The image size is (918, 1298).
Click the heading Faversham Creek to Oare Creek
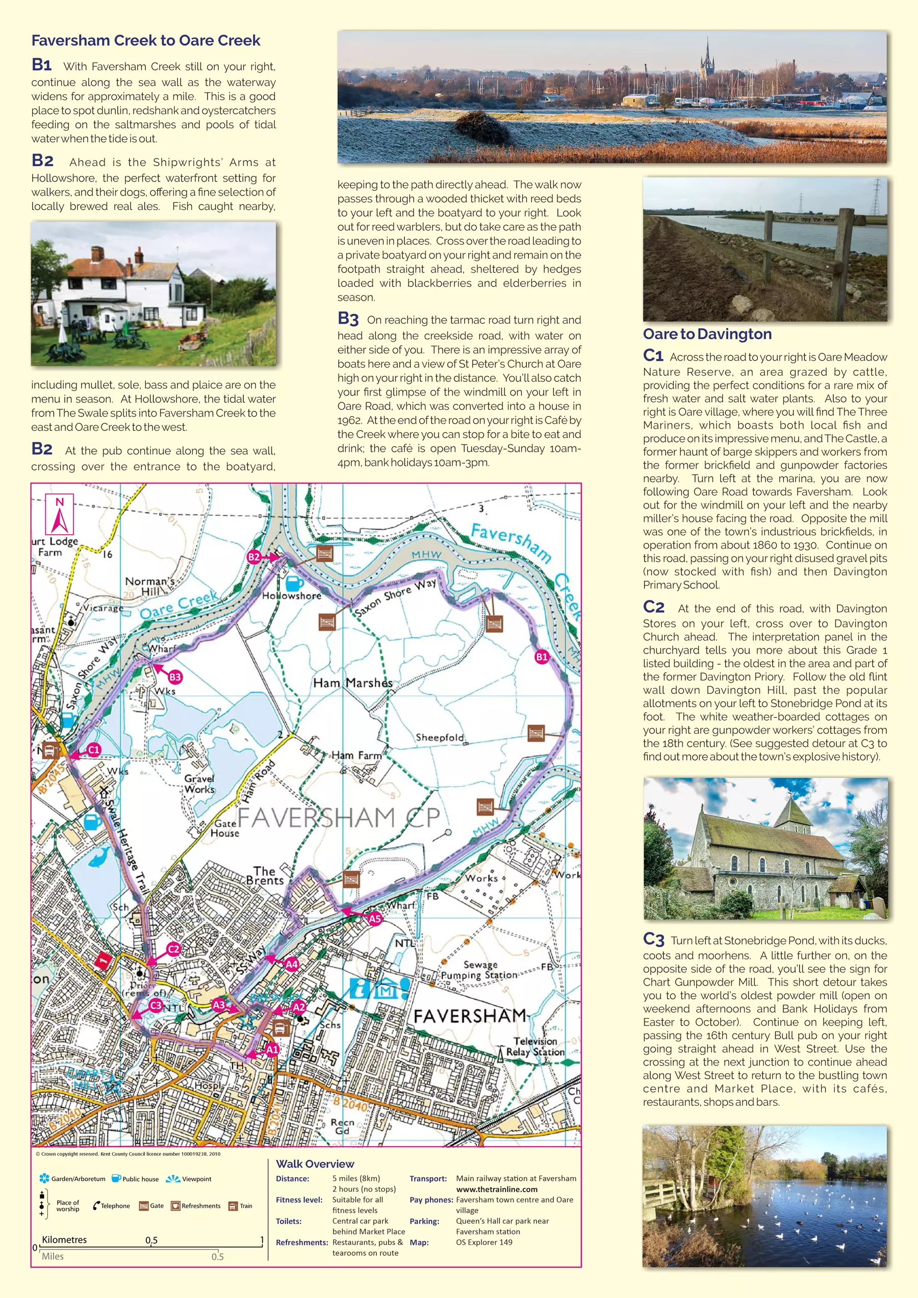[146, 41]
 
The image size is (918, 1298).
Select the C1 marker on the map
[94, 749]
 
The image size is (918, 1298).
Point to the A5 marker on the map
[374, 919]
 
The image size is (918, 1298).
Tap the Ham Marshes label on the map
[352, 683]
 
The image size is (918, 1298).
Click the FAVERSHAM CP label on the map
[338, 817]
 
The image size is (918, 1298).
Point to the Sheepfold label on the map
[440, 737]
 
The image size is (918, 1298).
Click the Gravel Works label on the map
[199, 784]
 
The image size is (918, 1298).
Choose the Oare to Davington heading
[707, 334]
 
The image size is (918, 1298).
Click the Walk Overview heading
[315, 1164]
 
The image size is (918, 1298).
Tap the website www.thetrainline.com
[497, 1189]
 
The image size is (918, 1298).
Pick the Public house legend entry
[136, 1179]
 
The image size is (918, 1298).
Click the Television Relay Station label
[534, 1047]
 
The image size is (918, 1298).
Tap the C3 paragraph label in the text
[653, 940]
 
